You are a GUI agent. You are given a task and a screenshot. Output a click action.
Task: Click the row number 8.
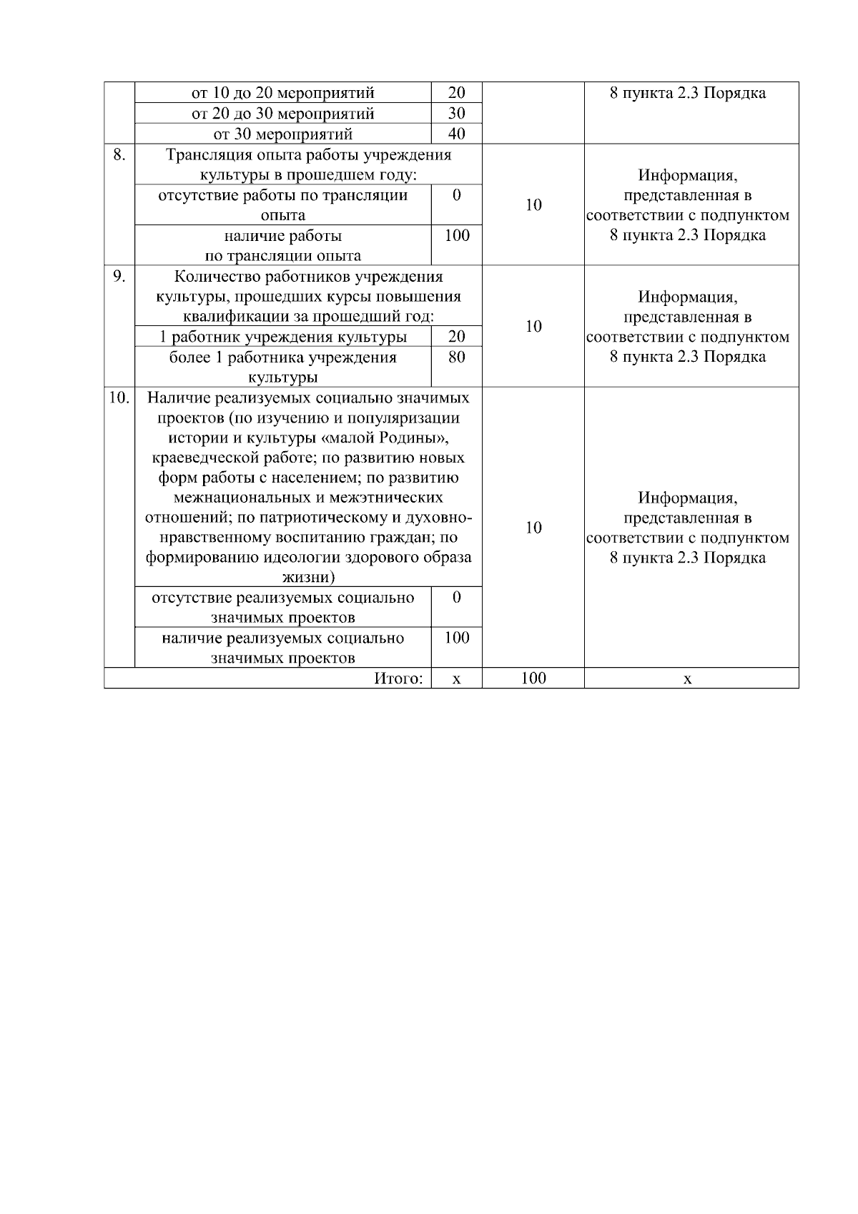(x=119, y=154)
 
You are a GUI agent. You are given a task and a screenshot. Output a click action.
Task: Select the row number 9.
(x=119, y=276)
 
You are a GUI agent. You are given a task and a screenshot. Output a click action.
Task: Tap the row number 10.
(x=119, y=398)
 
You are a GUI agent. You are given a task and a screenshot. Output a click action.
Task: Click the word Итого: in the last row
(x=398, y=678)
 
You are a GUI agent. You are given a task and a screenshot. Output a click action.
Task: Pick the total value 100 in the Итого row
(x=533, y=678)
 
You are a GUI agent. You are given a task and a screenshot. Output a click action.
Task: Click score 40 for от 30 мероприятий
(x=456, y=134)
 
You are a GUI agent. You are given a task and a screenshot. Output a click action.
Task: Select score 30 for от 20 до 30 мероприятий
(x=456, y=113)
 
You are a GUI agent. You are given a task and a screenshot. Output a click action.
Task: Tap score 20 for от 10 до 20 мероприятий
(x=456, y=92)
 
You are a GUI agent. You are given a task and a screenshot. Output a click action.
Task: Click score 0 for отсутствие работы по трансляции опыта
(x=456, y=195)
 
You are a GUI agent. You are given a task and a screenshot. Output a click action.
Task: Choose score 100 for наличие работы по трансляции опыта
(x=456, y=235)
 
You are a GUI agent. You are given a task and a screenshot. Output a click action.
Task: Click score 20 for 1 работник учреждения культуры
(x=456, y=336)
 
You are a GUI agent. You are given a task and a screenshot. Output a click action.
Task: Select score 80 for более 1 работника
(x=456, y=357)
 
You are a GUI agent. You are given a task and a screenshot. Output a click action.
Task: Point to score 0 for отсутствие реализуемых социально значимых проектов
(x=456, y=597)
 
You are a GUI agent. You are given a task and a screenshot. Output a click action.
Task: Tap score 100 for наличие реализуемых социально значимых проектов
(x=456, y=637)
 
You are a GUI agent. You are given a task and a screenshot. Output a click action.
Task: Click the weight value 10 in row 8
(x=533, y=205)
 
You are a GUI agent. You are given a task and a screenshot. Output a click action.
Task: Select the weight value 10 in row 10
(x=533, y=528)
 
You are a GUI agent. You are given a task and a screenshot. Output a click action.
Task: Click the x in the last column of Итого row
(x=688, y=679)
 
